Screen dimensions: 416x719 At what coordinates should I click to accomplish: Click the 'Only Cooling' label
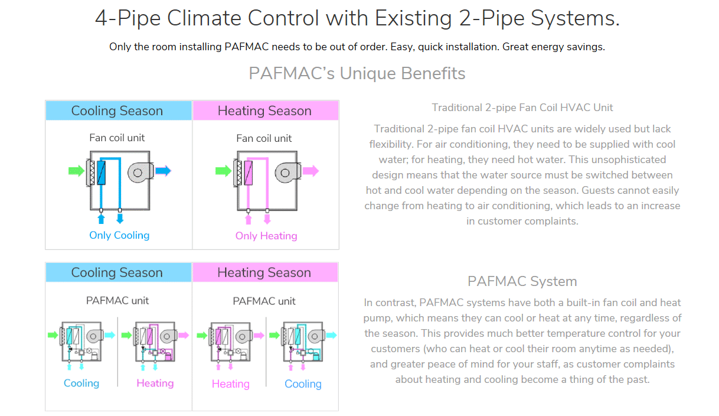click(x=119, y=235)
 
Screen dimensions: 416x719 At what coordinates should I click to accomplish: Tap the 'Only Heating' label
click(x=266, y=236)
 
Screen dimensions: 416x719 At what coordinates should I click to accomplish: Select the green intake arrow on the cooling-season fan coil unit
click(x=77, y=171)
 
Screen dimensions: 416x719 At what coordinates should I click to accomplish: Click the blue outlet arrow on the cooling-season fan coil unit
click(x=163, y=171)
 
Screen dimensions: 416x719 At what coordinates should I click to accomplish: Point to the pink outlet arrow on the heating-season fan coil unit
click(x=311, y=171)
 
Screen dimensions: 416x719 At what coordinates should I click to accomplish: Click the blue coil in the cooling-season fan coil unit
click(x=101, y=173)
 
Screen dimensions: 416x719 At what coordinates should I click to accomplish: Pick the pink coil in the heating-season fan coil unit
click(x=249, y=173)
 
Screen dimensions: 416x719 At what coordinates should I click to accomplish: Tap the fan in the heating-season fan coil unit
click(x=286, y=172)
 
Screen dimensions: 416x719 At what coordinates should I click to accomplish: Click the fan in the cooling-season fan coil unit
click(x=139, y=172)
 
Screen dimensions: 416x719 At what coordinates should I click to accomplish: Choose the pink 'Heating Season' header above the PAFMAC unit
click(x=264, y=272)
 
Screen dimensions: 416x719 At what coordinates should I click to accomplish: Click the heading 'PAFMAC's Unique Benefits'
click(x=357, y=73)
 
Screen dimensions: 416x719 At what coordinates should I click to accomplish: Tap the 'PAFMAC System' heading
click(x=522, y=281)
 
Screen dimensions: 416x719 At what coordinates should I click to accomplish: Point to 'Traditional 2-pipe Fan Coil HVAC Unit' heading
click(x=522, y=108)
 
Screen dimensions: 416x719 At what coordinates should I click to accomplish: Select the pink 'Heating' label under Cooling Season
click(x=155, y=383)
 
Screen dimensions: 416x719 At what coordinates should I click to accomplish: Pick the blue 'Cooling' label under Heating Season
click(x=303, y=384)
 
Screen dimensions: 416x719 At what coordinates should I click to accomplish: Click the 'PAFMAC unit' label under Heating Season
click(x=264, y=301)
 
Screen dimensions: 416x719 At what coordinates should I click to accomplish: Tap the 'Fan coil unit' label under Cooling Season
click(x=117, y=138)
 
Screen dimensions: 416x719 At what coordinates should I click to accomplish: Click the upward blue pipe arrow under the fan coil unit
click(x=100, y=220)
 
